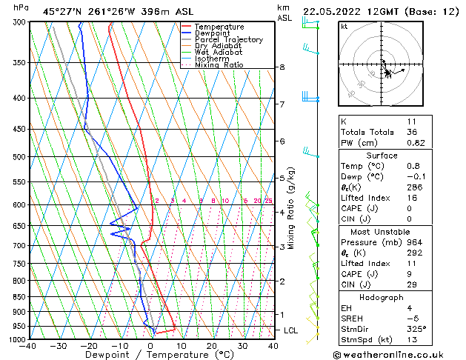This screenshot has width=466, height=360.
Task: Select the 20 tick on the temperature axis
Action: (x=212, y=346)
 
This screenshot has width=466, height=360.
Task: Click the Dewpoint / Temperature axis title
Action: (x=150, y=355)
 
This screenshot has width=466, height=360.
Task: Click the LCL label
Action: (x=291, y=330)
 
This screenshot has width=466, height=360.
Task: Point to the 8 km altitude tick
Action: (x=282, y=67)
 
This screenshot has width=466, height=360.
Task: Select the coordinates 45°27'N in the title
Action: (x=61, y=11)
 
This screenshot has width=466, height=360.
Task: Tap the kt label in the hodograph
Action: (x=344, y=26)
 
